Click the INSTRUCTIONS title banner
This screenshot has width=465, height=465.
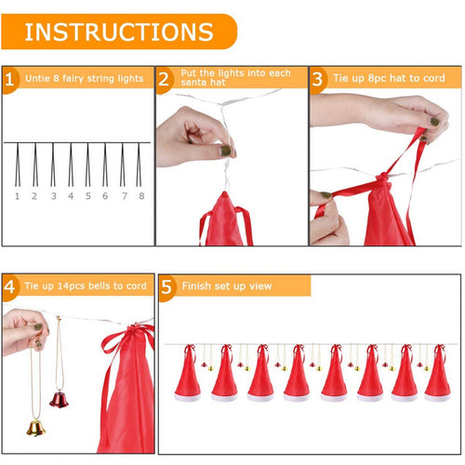pos(118,31)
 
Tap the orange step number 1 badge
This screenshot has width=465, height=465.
pos(10,78)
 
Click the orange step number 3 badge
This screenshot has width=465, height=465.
pos(318,78)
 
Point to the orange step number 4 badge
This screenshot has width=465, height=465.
pos(10,286)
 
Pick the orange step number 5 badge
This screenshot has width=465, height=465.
pos(166,286)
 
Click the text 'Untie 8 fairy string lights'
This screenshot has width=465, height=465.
pos(83,78)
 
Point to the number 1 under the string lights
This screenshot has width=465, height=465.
pos(17,196)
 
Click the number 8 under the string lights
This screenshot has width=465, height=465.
pos(141,196)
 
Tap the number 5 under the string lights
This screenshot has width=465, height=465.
pos(88,196)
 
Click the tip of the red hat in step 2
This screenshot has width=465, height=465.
pos(221,197)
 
